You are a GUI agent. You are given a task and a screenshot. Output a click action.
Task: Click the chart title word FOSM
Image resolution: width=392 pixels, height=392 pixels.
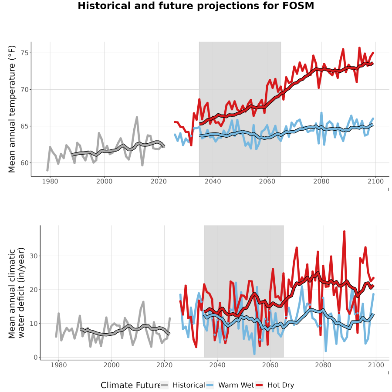(x=298, y=6)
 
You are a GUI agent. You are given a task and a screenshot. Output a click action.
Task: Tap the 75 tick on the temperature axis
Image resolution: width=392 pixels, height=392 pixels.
(x=24, y=53)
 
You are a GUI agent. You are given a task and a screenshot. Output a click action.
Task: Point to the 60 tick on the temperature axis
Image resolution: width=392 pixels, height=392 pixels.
(x=24, y=163)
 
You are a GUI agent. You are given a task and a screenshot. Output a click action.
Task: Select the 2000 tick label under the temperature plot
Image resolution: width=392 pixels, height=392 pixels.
(x=104, y=181)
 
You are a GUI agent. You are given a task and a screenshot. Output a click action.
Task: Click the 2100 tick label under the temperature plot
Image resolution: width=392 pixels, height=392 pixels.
(x=376, y=181)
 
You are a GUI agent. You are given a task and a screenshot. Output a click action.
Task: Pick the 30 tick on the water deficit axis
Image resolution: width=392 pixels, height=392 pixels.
(x=34, y=256)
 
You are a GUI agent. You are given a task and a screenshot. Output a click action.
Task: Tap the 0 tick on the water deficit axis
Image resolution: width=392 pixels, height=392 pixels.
(x=36, y=357)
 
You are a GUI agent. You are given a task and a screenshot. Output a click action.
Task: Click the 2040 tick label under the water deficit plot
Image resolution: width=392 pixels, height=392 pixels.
(x=217, y=365)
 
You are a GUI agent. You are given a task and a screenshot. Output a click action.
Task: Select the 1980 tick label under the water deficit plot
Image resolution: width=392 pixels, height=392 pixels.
(x=59, y=365)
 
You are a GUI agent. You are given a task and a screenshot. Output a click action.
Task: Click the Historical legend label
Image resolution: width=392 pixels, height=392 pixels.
(x=189, y=385)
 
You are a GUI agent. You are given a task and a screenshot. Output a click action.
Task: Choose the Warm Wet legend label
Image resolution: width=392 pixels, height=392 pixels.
(x=236, y=385)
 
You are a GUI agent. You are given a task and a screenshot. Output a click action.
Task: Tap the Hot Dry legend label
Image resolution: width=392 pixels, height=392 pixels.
(x=281, y=385)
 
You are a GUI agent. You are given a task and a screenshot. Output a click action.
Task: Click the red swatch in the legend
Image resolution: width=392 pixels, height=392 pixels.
(x=260, y=385)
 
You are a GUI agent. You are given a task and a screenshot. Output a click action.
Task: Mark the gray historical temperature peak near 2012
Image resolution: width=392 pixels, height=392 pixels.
(x=137, y=117)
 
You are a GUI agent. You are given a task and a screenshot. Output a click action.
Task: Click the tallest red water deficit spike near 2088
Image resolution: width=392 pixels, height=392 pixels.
(x=344, y=232)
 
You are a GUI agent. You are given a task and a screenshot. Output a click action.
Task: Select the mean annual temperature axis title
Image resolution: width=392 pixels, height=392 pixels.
(x=12, y=109)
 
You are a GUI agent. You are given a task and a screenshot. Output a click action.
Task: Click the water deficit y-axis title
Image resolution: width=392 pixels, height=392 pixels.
(x=17, y=293)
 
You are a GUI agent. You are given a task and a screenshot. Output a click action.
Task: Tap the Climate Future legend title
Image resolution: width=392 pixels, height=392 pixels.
(x=131, y=385)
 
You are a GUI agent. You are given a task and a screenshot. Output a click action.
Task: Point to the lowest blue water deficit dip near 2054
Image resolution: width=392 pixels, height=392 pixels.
(x=254, y=354)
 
